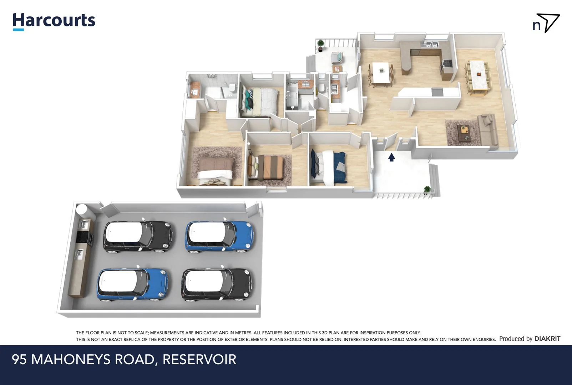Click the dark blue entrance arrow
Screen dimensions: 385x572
(391, 157)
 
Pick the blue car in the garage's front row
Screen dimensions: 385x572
(133, 285)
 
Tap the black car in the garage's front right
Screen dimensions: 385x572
(218, 284)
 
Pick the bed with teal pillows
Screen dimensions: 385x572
(259, 101)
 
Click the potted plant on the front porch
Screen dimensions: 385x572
(427, 189)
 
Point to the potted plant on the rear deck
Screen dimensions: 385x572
(320, 44)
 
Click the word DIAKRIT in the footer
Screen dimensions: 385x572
(547, 339)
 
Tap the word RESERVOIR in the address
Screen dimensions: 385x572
(199, 359)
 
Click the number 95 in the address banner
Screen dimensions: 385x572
(19, 359)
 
